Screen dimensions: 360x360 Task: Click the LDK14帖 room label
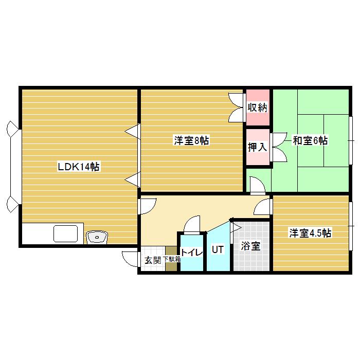79,167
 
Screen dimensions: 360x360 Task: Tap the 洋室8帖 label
191,140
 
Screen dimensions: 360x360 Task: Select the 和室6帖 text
310,140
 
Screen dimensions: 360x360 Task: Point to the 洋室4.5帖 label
310,233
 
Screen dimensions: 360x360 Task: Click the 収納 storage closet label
258,107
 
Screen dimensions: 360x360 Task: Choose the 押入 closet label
258,147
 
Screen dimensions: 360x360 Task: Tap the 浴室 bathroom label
251,246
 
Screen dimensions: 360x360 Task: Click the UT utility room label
218,249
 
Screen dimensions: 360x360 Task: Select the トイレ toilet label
192,253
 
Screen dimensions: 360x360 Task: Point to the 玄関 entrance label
153,261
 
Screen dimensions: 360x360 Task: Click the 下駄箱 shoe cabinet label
171,259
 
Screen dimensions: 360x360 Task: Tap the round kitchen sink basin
97,237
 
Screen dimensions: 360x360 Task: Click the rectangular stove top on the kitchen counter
66,233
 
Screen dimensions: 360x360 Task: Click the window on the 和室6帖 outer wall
351,140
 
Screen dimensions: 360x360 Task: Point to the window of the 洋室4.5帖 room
351,226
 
